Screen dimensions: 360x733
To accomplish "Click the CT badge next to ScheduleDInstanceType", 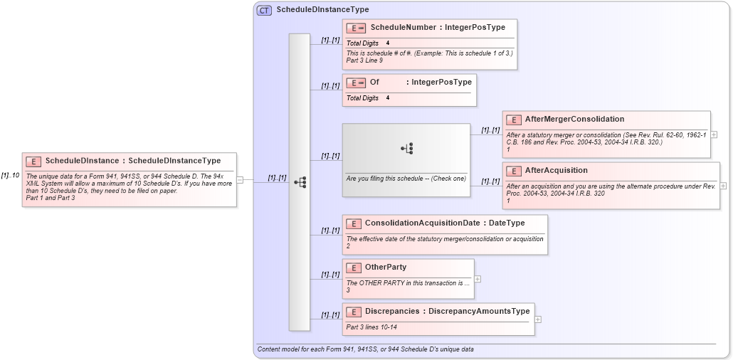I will click(x=264, y=11).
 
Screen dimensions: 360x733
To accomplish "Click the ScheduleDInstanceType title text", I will click(x=322, y=10).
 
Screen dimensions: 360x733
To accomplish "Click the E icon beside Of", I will click(x=356, y=83).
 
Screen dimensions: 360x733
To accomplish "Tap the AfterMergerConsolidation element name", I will click(x=574, y=119).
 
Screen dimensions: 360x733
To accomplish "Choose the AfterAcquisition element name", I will click(x=556, y=171).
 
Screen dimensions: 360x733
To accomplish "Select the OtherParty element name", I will click(x=386, y=268).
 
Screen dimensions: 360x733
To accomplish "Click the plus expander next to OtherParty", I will click(x=478, y=279).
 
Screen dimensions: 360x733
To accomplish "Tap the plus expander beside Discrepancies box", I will click(x=538, y=319).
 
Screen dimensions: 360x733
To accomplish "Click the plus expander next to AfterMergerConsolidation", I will click(x=714, y=134).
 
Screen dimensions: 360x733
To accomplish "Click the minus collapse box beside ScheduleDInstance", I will click(x=240, y=180).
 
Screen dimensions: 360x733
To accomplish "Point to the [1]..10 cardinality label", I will click(x=10, y=175).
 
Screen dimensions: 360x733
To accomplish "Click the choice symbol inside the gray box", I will click(x=406, y=149).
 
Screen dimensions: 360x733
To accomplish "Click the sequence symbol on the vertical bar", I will click(x=300, y=182).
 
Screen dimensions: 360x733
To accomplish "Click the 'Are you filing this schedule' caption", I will click(x=406, y=178).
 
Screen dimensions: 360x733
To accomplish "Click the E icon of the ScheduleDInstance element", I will click(x=33, y=162).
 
